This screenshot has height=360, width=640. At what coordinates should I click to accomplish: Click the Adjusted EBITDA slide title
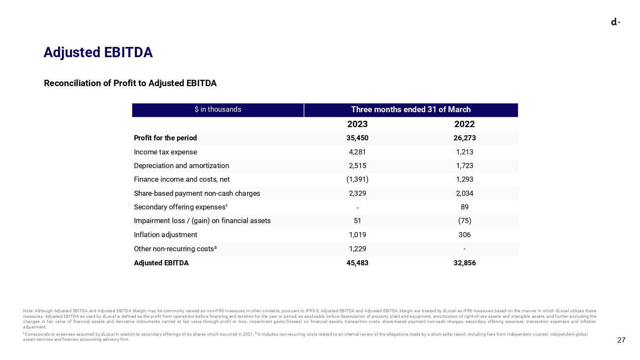pyautogui.click(x=98, y=52)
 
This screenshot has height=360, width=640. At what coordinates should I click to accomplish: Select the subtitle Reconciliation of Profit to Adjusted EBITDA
pyautogui.click(x=130, y=83)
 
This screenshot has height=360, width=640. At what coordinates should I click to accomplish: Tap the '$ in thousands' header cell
pyautogui.click(x=218, y=110)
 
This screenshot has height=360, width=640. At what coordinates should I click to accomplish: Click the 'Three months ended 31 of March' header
pyautogui.click(x=411, y=110)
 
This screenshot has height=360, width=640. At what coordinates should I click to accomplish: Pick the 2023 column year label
pyautogui.click(x=358, y=124)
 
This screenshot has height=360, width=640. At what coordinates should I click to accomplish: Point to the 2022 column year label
pyautogui.click(x=465, y=124)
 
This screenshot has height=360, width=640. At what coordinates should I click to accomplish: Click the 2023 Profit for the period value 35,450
pyautogui.click(x=358, y=138)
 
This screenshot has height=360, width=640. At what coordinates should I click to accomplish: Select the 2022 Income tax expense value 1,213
pyautogui.click(x=465, y=152)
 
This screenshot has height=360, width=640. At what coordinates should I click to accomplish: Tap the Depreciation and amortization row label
pyautogui.click(x=181, y=166)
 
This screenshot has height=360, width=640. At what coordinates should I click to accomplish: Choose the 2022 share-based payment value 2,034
pyautogui.click(x=465, y=193)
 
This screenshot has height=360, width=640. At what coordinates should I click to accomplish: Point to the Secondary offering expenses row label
pyautogui.click(x=180, y=207)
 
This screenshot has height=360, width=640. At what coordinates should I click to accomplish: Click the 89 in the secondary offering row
pyautogui.click(x=465, y=207)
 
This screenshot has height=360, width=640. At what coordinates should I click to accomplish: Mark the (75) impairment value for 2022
pyautogui.click(x=465, y=221)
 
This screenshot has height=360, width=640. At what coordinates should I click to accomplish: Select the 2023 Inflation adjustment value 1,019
pyautogui.click(x=358, y=235)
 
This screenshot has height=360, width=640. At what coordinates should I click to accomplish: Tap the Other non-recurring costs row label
pyautogui.click(x=175, y=249)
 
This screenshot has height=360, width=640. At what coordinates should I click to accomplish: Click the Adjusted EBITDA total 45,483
pyautogui.click(x=358, y=263)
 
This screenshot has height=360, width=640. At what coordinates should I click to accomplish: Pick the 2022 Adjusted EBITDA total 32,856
pyautogui.click(x=465, y=263)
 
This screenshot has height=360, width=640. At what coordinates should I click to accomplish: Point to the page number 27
pyautogui.click(x=621, y=340)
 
